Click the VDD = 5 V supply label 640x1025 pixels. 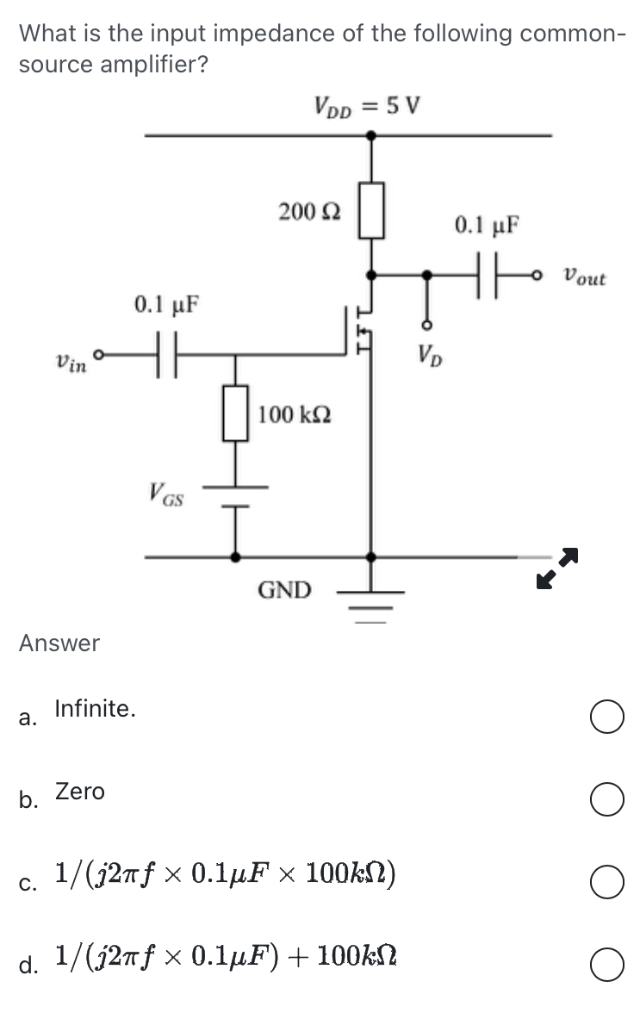pos(367,108)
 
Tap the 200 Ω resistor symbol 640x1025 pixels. pos(371,208)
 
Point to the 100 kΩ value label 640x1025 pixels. pos(295,414)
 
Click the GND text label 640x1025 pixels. pos(285,590)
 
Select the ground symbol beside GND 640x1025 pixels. pos(370,599)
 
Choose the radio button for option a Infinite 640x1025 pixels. pos(607,718)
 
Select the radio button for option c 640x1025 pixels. pos(607,884)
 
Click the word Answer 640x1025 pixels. pos(59,643)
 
